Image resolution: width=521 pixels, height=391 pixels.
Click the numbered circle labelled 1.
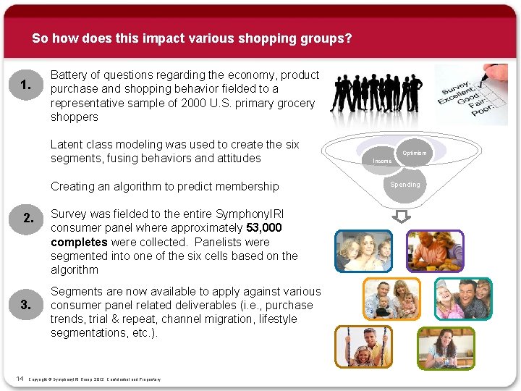point(26,85)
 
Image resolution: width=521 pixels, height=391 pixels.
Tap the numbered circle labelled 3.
point(26,304)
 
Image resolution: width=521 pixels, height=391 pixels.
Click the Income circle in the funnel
point(382,160)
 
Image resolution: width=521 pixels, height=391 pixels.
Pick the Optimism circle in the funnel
point(414,153)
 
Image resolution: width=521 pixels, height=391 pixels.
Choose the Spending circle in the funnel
point(405,185)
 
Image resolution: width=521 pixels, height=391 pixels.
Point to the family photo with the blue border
point(363,251)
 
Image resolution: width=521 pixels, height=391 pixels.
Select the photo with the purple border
point(434,251)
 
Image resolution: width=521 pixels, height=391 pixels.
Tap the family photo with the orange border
point(391,299)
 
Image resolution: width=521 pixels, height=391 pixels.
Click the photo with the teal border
point(463,299)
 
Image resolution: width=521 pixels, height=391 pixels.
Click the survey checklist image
point(470,94)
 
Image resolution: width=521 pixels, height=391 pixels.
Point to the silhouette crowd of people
point(376,93)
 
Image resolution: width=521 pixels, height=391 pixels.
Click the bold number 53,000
point(264,228)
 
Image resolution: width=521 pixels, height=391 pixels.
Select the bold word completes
point(79,242)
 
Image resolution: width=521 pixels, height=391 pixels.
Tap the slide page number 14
point(20,379)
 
